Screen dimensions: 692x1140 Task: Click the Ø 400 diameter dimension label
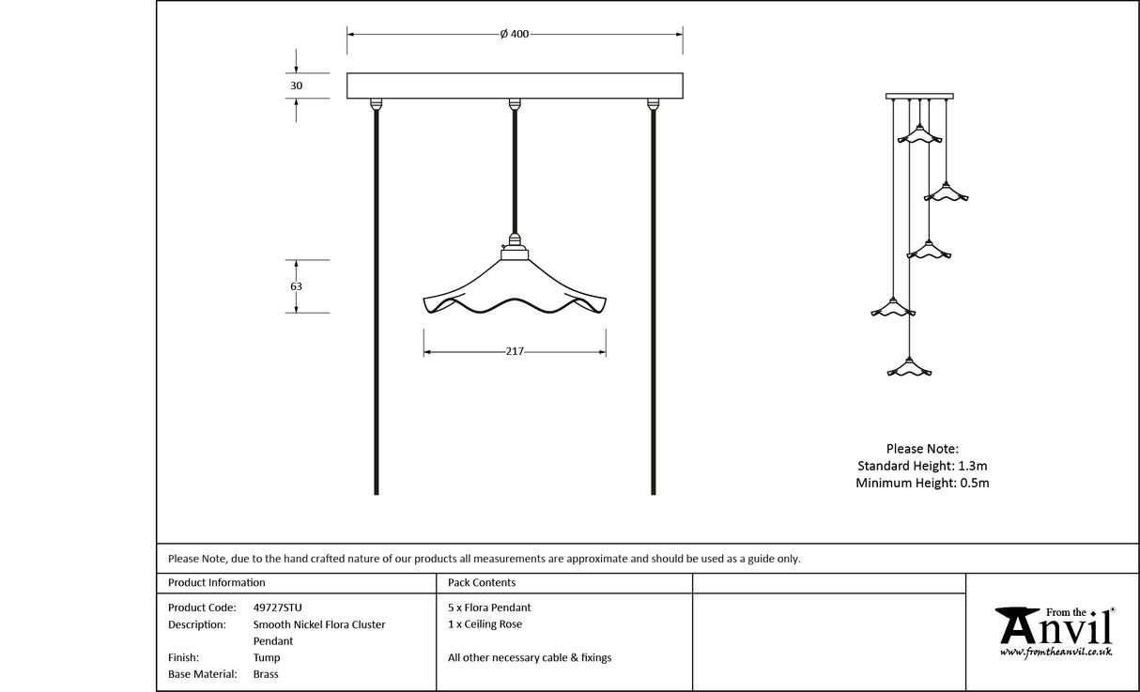(x=515, y=35)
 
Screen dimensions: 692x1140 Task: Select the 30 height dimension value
(x=297, y=85)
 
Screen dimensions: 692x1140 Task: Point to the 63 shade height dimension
(x=297, y=286)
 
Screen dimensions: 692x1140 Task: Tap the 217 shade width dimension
(x=515, y=352)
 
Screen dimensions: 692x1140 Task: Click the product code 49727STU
(x=278, y=607)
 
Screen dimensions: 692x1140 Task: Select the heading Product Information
(x=216, y=583)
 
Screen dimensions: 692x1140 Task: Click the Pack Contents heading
(x=482, y=583)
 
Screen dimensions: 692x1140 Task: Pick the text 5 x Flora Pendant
(x=489, y=607)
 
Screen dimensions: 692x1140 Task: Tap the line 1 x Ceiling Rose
(x=485, y=624)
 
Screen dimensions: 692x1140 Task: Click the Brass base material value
(x=266, y=674)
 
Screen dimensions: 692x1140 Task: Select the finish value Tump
(x=267, y=658)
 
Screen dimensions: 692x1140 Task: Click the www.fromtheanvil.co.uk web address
(x=1056, y=652)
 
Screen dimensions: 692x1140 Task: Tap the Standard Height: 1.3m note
(x=922, y=466)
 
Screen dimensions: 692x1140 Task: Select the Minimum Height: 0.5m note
(x=922, y=483)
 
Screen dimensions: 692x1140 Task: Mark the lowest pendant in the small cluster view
(x=909, y=367)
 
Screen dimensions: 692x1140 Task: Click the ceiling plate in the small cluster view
(x=919, y=96)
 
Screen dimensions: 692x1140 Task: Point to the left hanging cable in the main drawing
(x=377, y=300)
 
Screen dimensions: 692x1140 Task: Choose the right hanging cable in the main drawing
(x=654, y=300)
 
